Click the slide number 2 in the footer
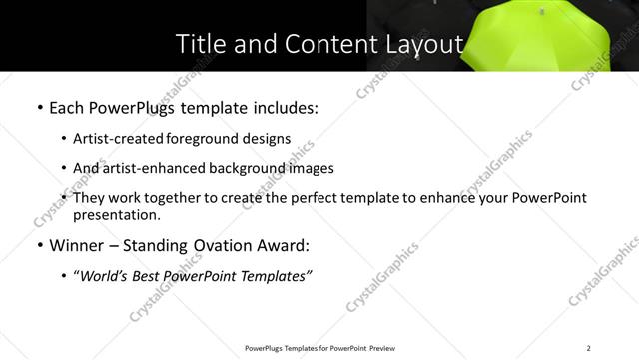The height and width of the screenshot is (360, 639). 589,348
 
